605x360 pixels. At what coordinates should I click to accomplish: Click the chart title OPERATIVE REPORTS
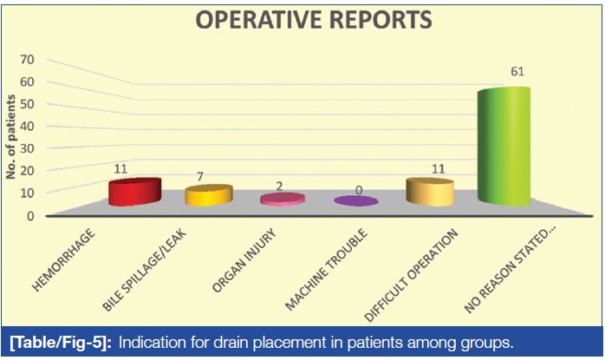point(302,22)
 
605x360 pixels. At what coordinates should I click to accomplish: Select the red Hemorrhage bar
point(134,193)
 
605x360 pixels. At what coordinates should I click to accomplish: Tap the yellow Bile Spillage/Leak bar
point(209,195)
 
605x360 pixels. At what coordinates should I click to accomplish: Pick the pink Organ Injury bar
point(283,199)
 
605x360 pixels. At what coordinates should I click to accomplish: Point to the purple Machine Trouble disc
point(356,201)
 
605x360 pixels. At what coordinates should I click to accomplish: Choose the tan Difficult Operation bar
point(430,193)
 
